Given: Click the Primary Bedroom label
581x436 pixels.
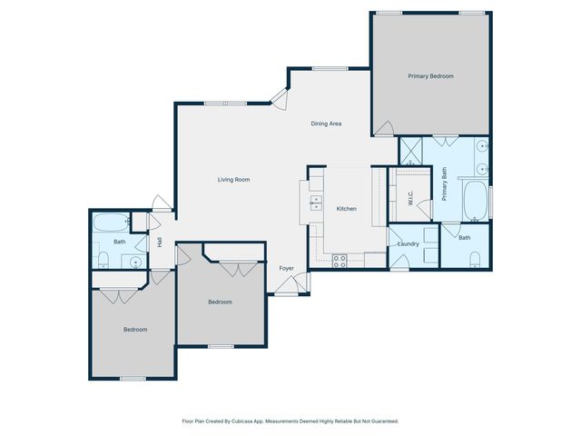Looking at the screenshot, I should [x=430, y=76].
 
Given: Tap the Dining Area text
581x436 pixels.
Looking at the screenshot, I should [x=326, y=124].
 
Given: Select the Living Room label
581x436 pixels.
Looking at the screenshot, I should [x=233, y=180].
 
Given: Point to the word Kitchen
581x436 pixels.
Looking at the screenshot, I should [x=347, y=209].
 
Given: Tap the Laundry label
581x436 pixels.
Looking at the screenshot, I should [x=409, y=243].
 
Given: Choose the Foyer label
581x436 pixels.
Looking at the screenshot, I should [x=286, y=268].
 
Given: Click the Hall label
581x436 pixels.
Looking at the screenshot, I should [x=160, y=243].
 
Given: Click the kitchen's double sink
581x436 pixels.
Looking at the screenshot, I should [x=317, y=202].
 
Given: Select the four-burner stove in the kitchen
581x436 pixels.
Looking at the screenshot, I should [x=340, y=260].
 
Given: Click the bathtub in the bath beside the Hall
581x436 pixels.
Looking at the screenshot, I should [x=112, y=223].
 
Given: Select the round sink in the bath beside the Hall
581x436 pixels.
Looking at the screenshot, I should [x=135, y=262].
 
